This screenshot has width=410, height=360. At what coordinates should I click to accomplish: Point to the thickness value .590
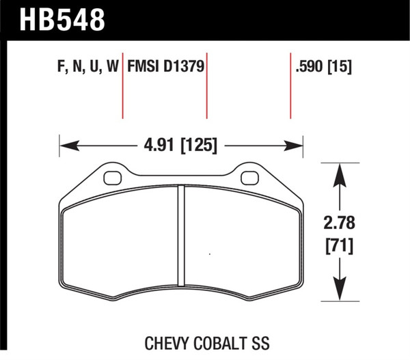pos(307,68)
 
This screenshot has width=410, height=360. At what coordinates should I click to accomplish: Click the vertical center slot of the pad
pos(182,239)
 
